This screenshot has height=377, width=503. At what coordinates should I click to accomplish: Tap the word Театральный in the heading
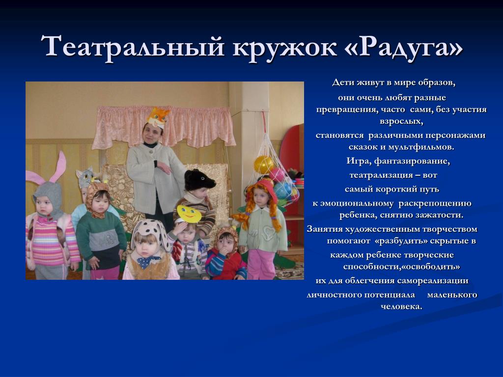pyautogui.click(x=132, y=47)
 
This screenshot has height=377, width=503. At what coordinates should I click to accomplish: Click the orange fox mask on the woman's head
pyautogui.click(x=158, y=117)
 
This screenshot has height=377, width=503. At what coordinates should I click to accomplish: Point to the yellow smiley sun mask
pyautogui.click(x=189, y=214)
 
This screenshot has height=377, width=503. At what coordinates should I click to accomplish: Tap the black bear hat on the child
pyautogui.click(x=199, y=180)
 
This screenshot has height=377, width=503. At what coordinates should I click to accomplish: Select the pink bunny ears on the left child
pyautogui.click(x=48, y=170)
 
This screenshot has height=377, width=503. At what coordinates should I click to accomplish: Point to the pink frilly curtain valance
pyautogui.click(x=164, y=127)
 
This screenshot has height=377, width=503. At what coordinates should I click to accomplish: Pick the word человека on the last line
pyautogui.click(x=401, y=306)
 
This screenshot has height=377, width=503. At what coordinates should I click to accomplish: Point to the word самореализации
pyautogui.click(x=433, y=280)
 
